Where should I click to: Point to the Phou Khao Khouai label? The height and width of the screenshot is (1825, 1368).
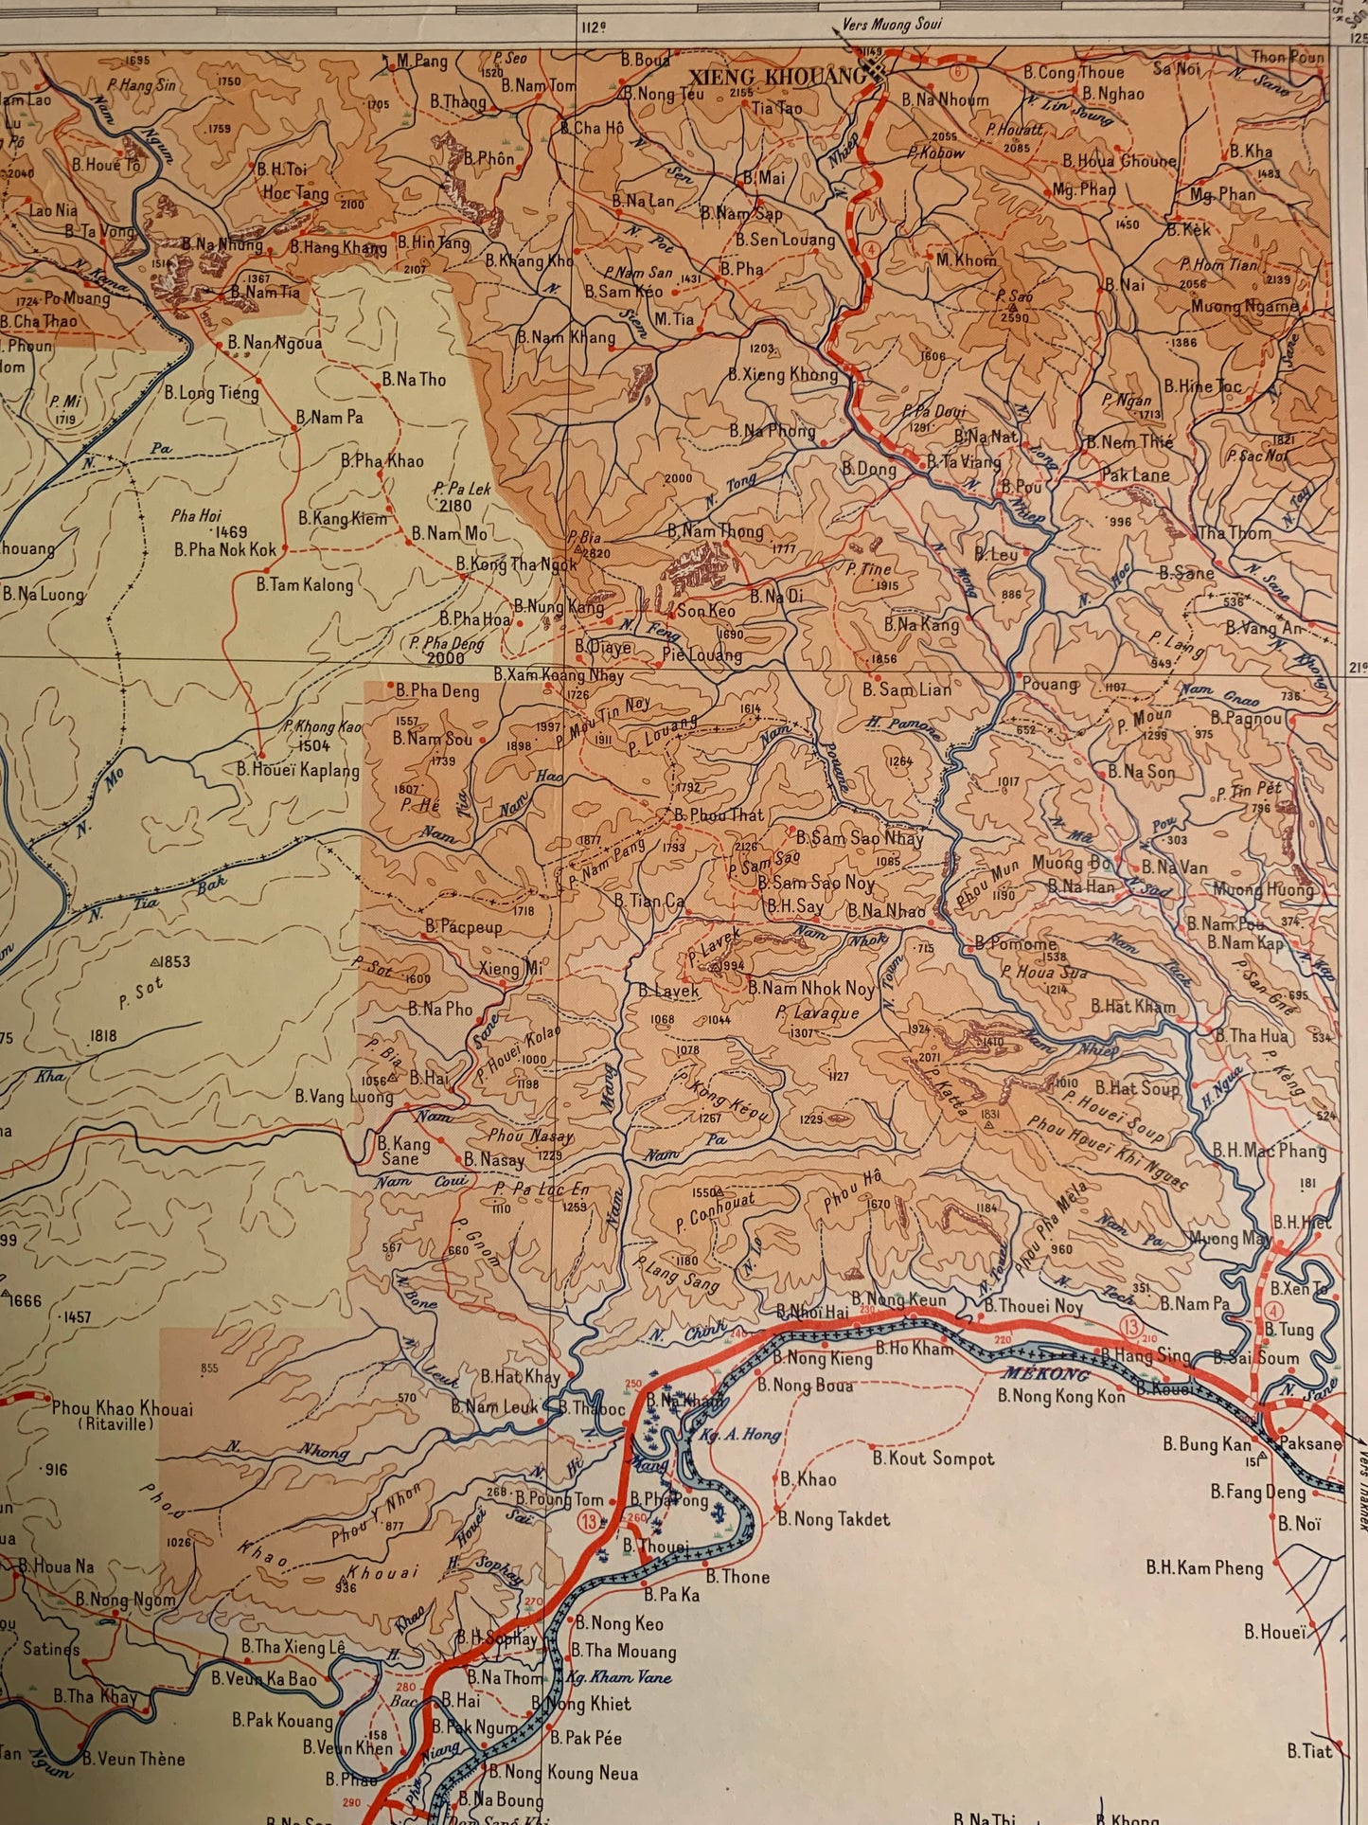tap(122, 1408)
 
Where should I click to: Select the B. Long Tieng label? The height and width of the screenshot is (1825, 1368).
tap(211, 392)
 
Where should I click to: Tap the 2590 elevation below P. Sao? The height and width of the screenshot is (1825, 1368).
tap(1013, 318)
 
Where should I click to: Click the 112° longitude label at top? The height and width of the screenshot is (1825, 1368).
tap(594, 27)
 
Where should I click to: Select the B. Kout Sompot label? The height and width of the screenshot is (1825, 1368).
tap(933, 1458)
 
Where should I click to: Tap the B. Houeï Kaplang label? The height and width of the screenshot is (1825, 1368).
tap(298, 770)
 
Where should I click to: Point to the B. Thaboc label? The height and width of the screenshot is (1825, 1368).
tap(592, 1408)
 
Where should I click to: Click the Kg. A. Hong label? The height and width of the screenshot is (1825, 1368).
tap(740, 1435)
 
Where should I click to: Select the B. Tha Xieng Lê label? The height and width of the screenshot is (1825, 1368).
tap(293, 1646)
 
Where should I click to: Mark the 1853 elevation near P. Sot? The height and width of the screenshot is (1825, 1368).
tap(174, 961)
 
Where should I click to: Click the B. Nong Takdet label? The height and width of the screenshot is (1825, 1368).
tap(834, 1519)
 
